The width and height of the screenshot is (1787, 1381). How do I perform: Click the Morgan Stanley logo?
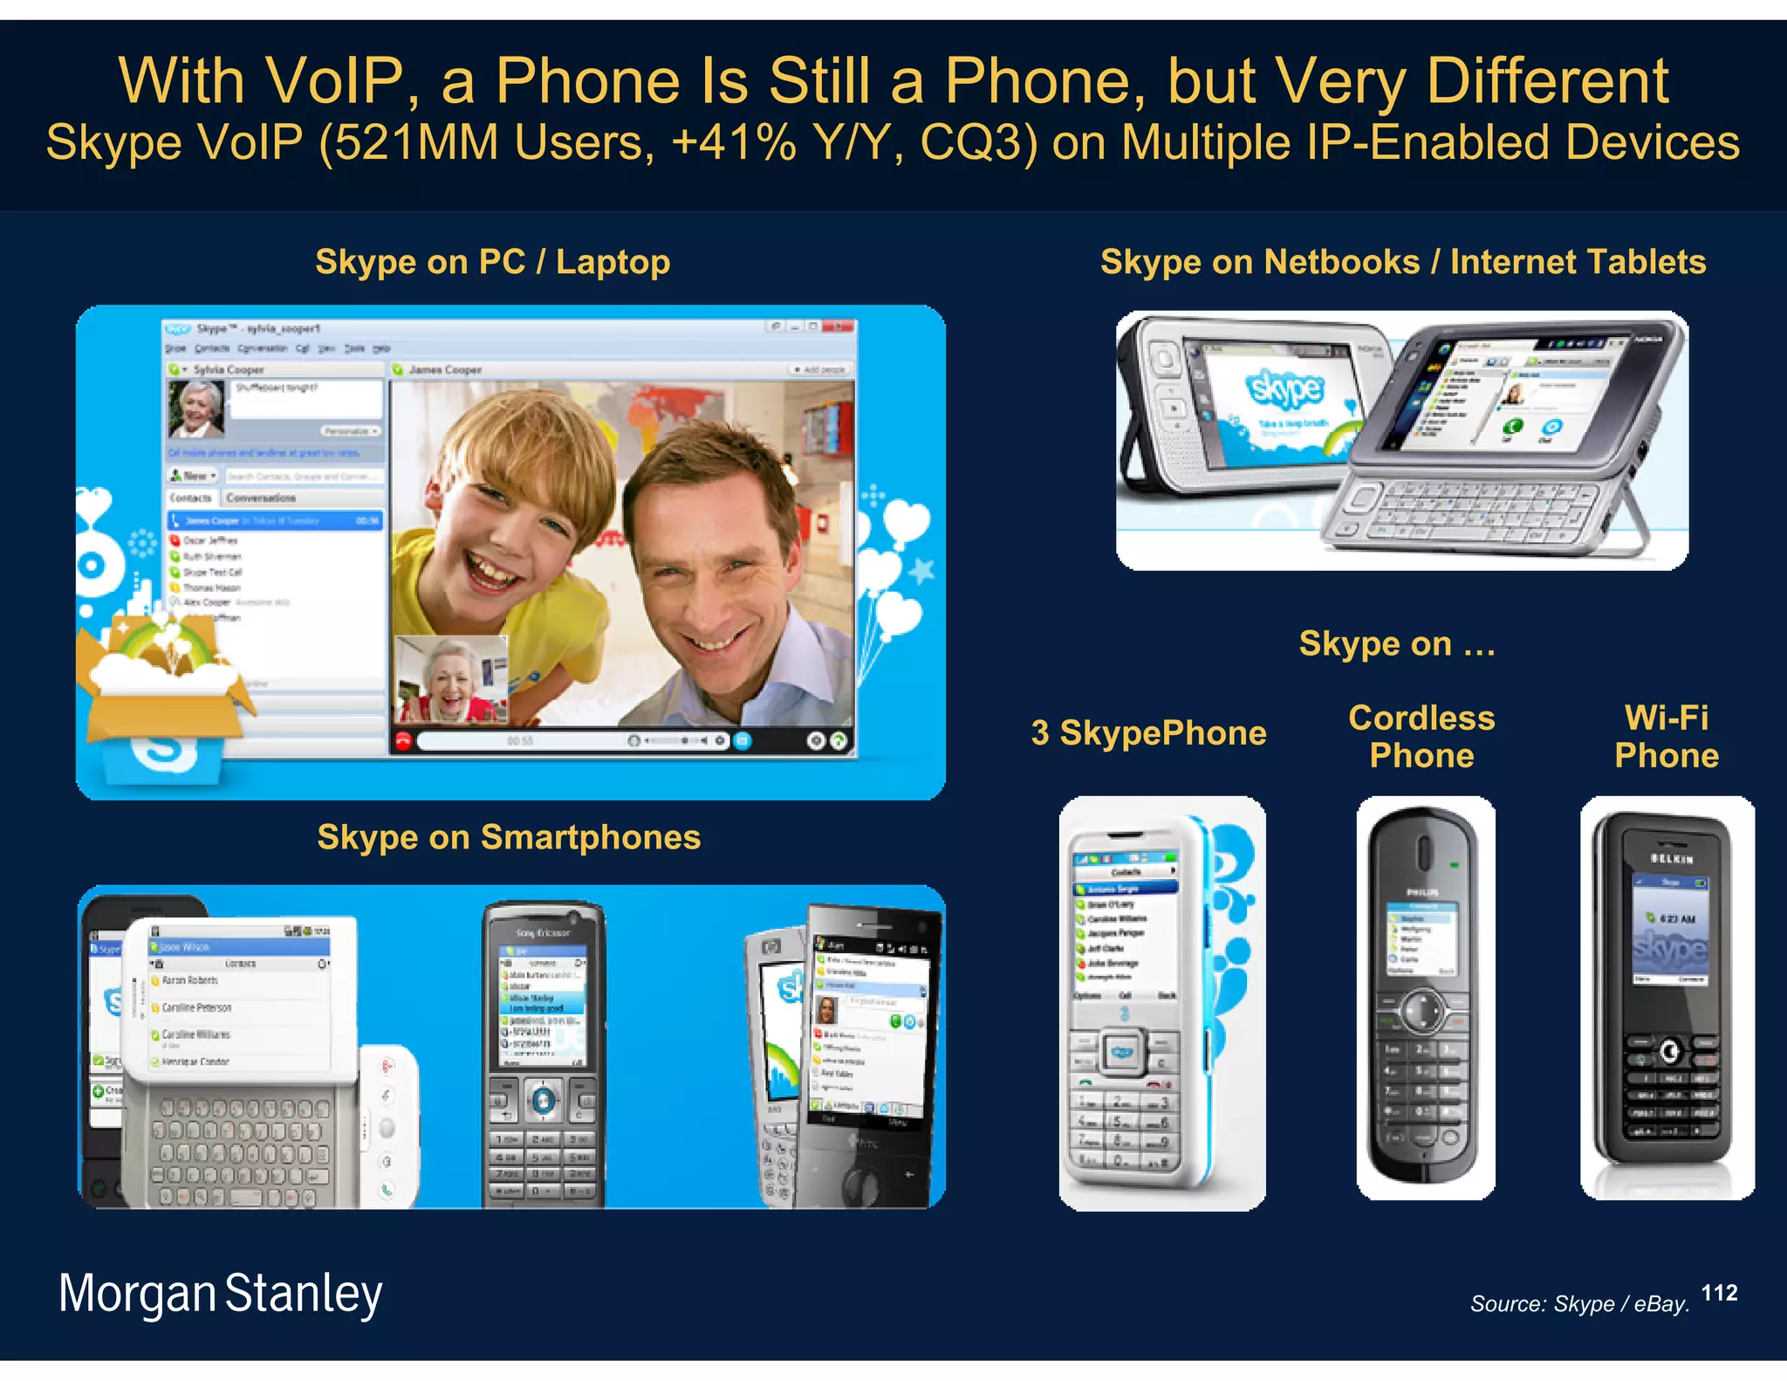tap(220, 1294)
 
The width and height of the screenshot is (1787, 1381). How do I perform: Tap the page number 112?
tap(1719, 1293)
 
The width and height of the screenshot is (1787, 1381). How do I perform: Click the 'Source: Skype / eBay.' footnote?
tap(1579, 1303)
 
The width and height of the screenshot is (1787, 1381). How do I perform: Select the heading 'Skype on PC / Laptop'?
tap(493, 262)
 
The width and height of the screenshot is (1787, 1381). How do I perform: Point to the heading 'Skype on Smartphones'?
tap(509, 837)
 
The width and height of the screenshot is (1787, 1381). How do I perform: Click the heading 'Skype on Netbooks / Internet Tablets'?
tap(1403, 262)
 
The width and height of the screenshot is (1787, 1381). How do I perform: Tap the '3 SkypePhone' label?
tap(1148, 733)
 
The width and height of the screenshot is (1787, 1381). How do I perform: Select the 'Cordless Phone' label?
tap(1421, 736)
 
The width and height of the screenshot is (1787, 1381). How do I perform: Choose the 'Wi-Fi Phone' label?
tap(1667, 736)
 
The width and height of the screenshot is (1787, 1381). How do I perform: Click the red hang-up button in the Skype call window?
tap(403, 741)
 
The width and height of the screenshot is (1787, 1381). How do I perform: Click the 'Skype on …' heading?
tap(1397, 644)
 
